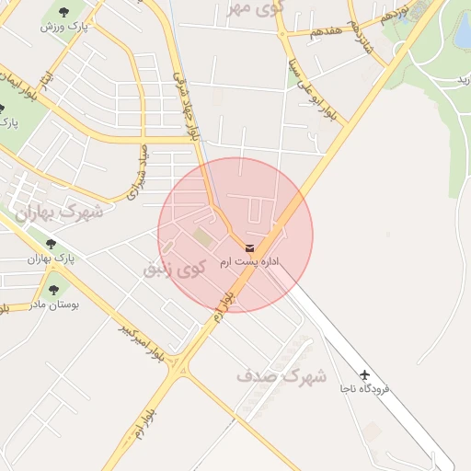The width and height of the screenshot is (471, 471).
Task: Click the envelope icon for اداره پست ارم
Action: pos(250,247)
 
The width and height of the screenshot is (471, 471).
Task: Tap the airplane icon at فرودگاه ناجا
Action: pos(365,375)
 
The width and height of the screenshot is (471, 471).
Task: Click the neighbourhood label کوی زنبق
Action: pos(173,270)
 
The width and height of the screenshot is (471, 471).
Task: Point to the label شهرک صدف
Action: pos(281,375)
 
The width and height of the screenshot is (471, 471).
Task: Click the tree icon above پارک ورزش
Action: pos(63,12)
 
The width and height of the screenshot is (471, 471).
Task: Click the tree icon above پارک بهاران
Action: pos(51,244)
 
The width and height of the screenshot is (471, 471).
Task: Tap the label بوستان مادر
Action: pos(53,303)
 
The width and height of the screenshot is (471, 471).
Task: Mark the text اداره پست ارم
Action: pos(249,262)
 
